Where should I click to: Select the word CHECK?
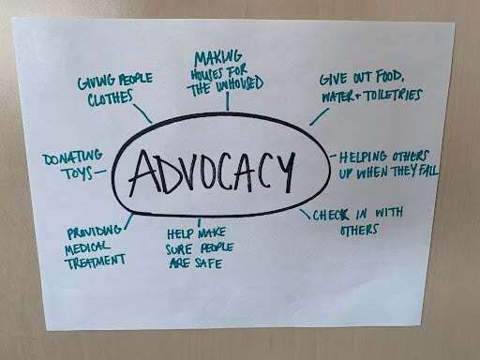(334, 213)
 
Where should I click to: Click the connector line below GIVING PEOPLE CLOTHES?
(143, 114)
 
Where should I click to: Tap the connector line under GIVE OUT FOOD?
(320, 115)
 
